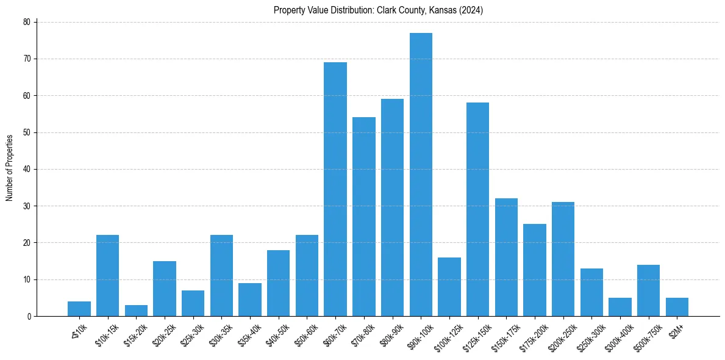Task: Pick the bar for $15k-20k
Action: [x=136, y=311]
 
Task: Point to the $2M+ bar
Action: [x=677, y=307]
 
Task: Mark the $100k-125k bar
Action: [x=449, y=287]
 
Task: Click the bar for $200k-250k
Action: [x=563, y=259]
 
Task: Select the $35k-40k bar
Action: [x=250, y=300]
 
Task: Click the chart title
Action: [x=379, y=10]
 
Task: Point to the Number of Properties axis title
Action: [x=10, y=168]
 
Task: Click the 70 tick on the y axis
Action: [x=26, y=59]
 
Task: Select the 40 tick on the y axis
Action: [x=26, y=170]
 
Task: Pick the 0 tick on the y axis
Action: [x=28, y=317]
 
